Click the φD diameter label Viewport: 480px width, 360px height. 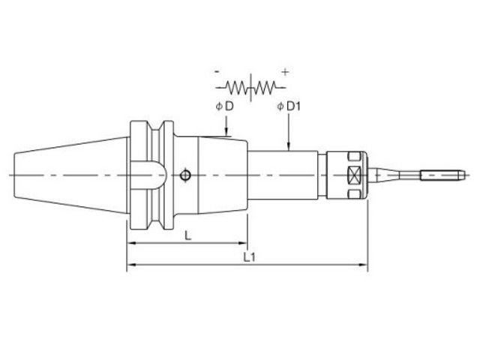tap(225, 106)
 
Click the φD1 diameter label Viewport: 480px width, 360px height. tap(289, 106)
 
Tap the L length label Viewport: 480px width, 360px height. tap(188, 235)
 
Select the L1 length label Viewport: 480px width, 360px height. tap(249, 257)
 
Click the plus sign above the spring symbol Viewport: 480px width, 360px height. tap(285, 73)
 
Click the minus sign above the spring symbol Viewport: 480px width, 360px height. tap(217, 72)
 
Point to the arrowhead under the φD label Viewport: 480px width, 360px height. tap(226, 133)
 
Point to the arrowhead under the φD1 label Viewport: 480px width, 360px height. tap(288, 147)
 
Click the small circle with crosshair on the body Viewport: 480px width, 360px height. tap(185, 175)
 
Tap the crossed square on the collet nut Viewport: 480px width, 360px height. tap(353, 175)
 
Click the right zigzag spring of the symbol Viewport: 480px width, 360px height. tap(265, 88)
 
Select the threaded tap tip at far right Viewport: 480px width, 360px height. tap(442, 175)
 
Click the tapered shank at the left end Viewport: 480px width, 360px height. tap(70, 175)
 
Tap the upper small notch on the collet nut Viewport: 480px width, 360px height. tap(353, 157)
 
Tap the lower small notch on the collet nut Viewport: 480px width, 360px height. tap(353, 193)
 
